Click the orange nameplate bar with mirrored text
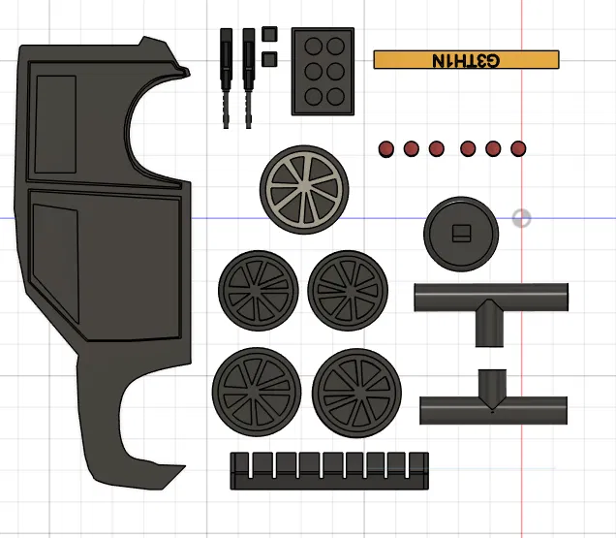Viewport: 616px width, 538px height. coord(466,60)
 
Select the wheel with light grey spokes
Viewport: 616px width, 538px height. coord(304,189)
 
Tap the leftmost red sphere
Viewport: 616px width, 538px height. coord(385,149)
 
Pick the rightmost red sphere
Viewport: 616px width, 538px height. coord(518,148)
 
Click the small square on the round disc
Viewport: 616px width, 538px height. coord(461,234)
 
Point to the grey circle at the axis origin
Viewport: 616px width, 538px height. coord(522,218)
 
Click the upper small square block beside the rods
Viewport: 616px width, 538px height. coord(269,34)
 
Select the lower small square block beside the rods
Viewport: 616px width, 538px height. coord(269,59)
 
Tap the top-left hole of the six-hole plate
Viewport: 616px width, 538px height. coord(314,46)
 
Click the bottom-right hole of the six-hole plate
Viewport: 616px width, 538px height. coord(335,96)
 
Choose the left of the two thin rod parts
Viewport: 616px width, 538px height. coord(226,78)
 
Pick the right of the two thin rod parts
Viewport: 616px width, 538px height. coord(248,78)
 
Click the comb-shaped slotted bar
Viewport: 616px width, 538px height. coord(329,471)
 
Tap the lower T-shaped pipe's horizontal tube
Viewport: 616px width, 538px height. coord(493,411)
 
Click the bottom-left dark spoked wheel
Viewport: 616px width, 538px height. coord(257,392)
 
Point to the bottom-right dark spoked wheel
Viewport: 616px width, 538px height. coord(356,394)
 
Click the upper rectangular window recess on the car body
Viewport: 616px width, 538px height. coord(55,124)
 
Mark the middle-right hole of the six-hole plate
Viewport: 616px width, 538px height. coord(335,71)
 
